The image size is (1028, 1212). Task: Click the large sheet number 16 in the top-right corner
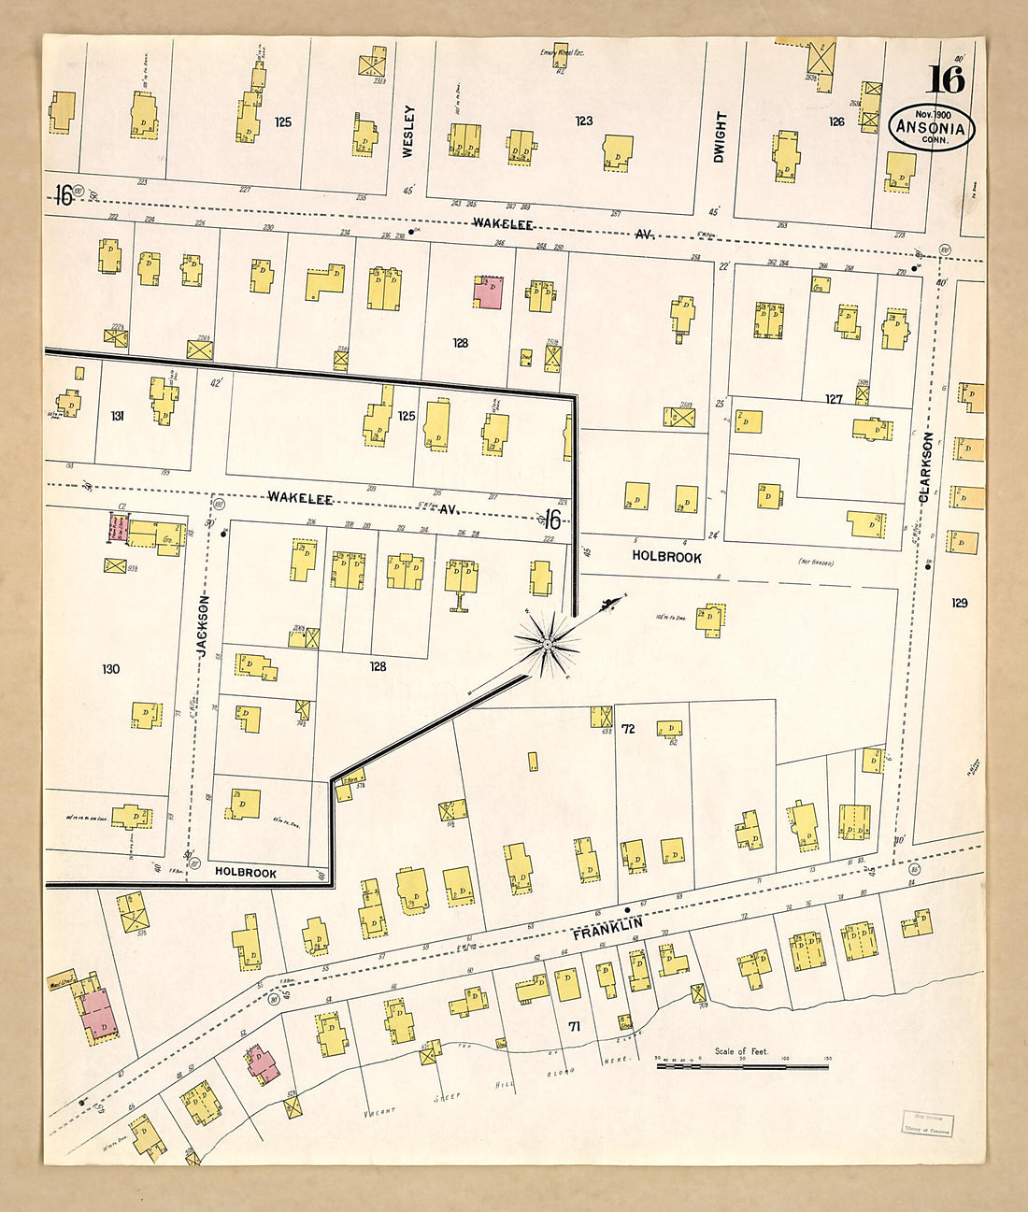[946, 79]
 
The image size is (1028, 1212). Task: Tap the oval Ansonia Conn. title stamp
[931, 127]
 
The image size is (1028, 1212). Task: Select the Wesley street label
[408, 131]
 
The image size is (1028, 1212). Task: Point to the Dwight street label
[720, 136]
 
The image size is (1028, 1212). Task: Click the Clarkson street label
[925, 467]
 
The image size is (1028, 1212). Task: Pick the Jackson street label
[205, 626]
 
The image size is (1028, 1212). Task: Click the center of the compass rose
[549, 642]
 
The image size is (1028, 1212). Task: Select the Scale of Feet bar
[742, 1064]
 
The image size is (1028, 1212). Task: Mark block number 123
[584, 121]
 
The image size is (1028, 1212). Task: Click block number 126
[836, 121]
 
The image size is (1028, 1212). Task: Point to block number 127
[834, 399]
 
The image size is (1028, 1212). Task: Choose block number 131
[118, 416]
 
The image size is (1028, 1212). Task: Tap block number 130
[111, 669]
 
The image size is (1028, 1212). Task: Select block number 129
[960, 603]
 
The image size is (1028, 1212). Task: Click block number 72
[628, 729]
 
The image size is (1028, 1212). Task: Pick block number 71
[575, 1026]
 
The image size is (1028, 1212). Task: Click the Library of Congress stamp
[927, 1123]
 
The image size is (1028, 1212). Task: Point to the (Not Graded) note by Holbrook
[815, 562]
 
